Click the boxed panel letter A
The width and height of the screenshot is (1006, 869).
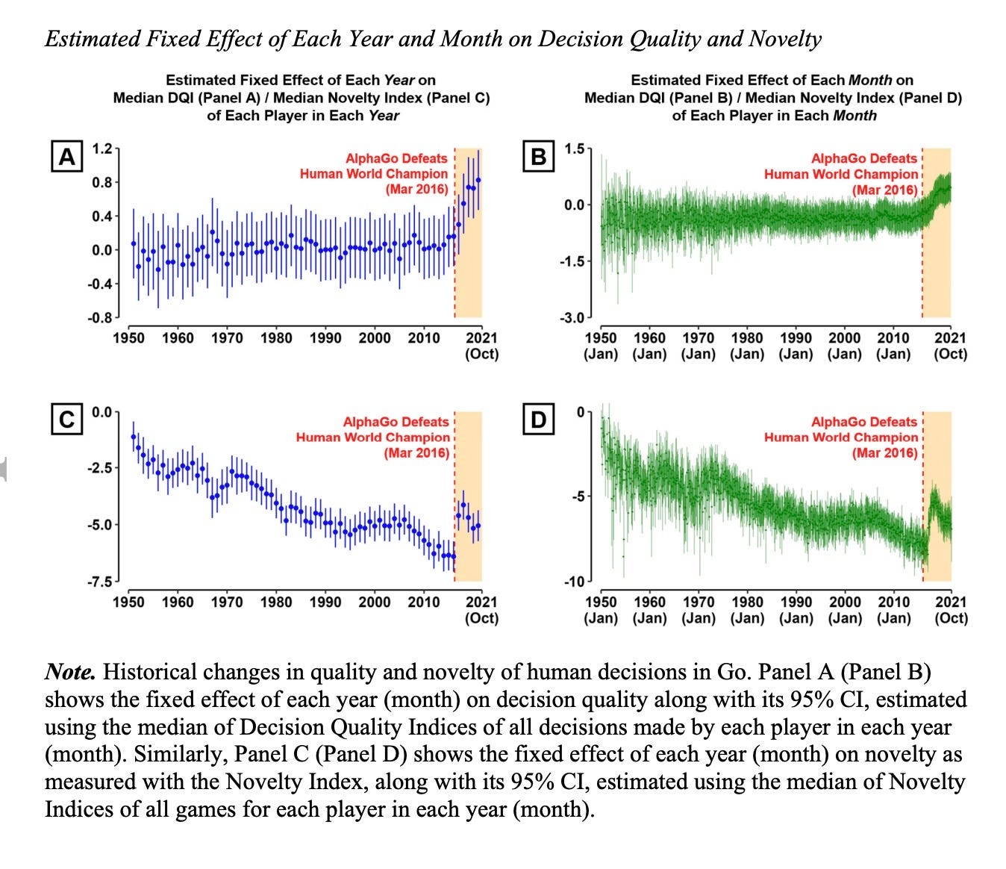tap(66, 158)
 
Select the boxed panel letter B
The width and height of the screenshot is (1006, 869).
tap(538, 158)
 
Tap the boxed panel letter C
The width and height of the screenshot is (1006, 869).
tap(66, 420)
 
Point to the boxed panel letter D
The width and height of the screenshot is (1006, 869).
tap(538, 420)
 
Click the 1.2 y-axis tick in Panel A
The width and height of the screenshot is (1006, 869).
tap(101, 148)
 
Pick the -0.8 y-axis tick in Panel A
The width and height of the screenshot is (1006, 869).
tap(99, 318)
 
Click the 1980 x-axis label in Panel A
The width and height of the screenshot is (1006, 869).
tap(276, 338)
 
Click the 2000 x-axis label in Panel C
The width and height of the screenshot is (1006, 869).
tap(375, 602)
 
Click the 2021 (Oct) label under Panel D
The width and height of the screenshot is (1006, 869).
tap(950, 610)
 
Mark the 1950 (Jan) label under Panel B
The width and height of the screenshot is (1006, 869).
tap(601, 346)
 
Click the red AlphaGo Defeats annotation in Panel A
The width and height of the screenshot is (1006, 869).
tap(396, 158)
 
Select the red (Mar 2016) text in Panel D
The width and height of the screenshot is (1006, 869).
tap(884, 453)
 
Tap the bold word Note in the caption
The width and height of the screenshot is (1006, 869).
tap(70, 672)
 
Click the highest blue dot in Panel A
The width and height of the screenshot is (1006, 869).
tap(478, 180)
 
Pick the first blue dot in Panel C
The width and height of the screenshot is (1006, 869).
tap(134, 437)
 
